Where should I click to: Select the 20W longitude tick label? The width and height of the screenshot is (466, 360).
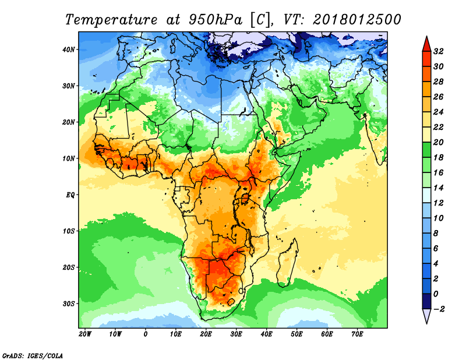tap(85, 334)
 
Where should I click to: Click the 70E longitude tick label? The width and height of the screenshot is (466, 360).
tap(358, 334)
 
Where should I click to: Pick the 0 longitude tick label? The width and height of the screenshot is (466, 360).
tap(146, 334)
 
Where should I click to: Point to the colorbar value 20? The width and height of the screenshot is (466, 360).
tap(440, 142)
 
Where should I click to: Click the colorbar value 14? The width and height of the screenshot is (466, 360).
tap(440, 188)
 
